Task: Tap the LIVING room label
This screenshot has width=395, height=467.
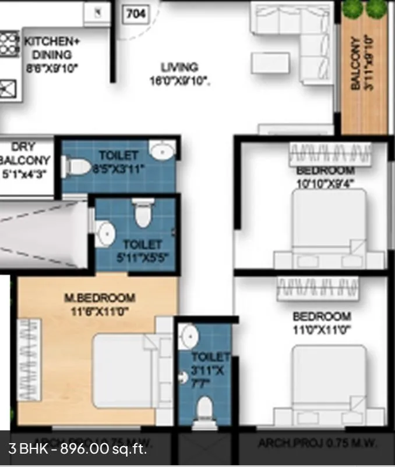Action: (179, 67)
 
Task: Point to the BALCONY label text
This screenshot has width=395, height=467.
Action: (355, 64)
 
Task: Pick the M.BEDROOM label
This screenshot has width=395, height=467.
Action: (99, 298)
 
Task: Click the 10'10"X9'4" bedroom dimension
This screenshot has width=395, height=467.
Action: (326, 182)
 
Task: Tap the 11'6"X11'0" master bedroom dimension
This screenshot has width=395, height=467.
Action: (98, 311)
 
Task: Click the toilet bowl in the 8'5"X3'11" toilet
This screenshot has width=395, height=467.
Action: (76, 167)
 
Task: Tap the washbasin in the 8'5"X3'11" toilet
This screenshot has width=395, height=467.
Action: (161, 151)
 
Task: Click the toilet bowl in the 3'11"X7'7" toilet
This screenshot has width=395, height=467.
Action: (204, 409)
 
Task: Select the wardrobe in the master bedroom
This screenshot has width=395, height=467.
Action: (28, 359)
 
